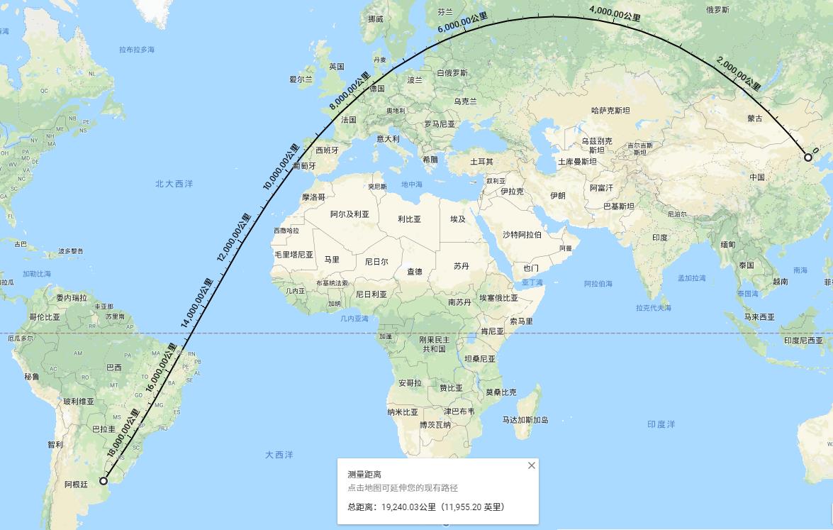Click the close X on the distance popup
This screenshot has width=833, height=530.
[532, 465]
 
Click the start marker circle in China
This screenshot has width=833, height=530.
[808, 158]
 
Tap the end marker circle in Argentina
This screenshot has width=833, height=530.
[104, 481]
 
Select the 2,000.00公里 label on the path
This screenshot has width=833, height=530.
[739, 74]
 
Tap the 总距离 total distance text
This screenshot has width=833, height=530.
[425, 507]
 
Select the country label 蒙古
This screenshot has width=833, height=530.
[755, 118]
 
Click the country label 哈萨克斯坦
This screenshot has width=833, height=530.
[610, 111]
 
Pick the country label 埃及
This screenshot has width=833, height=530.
[458, 219]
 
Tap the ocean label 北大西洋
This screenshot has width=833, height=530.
[174, 184]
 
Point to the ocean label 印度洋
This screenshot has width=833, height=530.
[661, 424]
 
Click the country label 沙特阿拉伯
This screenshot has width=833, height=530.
[522, 235]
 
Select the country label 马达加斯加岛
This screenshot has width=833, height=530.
[525, 420]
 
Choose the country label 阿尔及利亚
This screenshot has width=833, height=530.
[350, 214]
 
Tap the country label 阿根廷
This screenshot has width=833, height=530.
[76, 485]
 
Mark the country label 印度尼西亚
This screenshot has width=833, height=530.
[803, 341]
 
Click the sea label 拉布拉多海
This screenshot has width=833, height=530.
[137, 50]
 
